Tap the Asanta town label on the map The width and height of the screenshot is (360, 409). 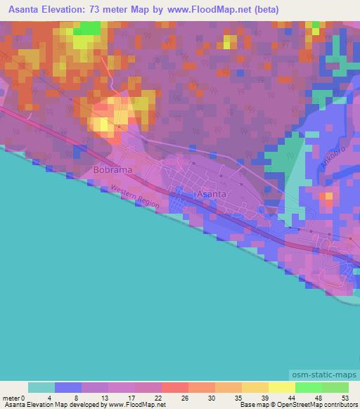212,193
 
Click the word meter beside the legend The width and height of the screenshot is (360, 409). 12,397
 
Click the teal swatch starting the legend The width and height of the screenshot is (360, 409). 41,387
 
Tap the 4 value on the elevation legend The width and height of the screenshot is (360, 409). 56,397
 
